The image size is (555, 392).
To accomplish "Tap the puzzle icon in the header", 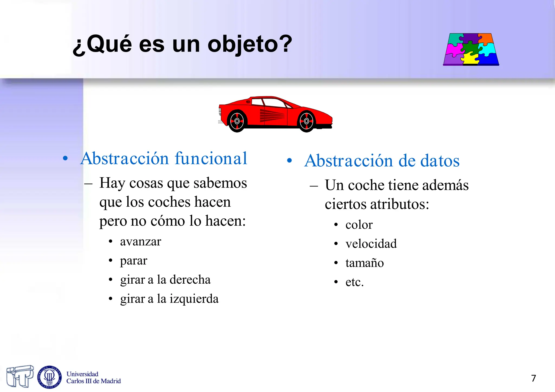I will tap(471, 49).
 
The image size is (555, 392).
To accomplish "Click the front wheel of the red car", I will tap(306, 121).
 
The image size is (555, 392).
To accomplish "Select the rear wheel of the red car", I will tap(237, 121).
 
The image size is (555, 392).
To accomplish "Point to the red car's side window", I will tap(274, 103).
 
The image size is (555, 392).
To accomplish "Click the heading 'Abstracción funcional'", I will tap(164, 158).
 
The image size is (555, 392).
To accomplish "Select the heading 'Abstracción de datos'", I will tap(382, 161).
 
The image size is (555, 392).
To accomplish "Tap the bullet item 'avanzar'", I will tap(140, 241).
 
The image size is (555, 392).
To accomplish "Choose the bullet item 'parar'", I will tap(134, 261).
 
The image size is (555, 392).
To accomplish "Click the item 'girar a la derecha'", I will tap(165, 280).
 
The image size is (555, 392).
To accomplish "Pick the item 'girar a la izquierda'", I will tap(169, 299).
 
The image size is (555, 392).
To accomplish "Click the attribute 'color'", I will tap(359, 225).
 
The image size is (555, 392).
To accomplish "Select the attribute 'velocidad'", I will tap(371, 244).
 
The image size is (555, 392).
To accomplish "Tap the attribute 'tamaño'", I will tap(364, 263).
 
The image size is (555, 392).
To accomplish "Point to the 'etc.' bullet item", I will tap(354, 282).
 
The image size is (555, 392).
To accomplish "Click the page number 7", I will tap(533, 378).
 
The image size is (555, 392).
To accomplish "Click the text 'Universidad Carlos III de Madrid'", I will tap(93, 378).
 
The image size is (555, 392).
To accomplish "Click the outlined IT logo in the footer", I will tap(20, 376).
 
